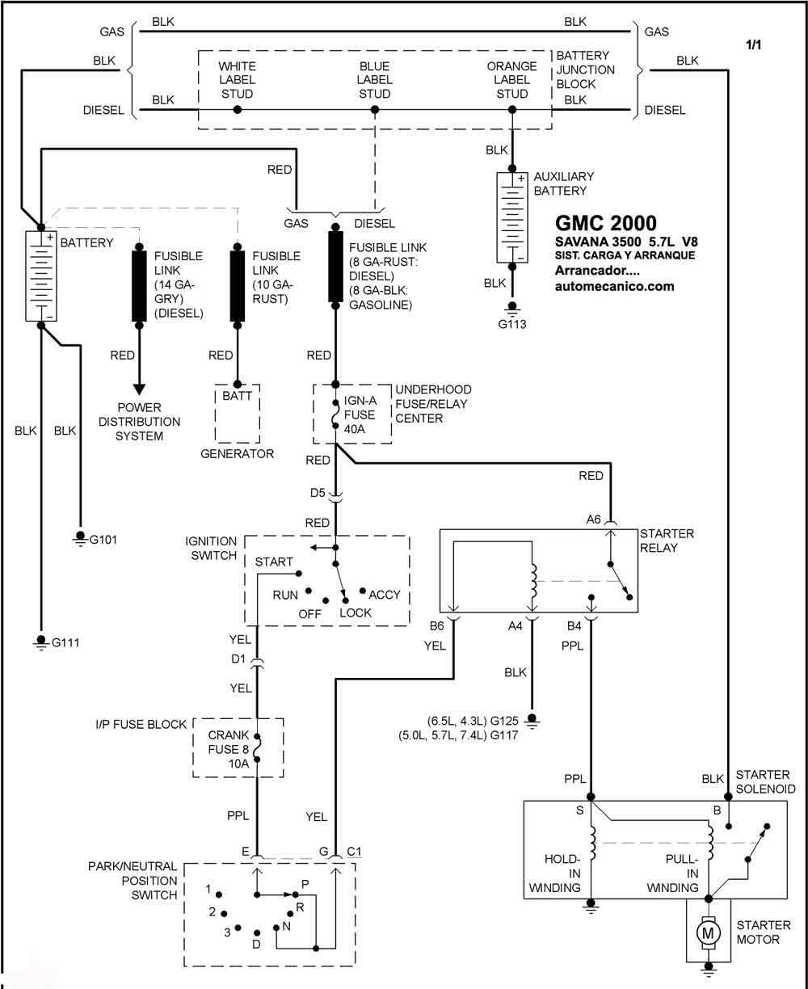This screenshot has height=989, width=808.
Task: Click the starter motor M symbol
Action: [x=708, y=933]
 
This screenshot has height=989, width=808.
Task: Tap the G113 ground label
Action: [x=512, y=324]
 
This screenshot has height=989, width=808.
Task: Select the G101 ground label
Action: [x=103, y=540]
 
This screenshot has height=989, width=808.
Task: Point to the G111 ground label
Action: [x=65, y=642]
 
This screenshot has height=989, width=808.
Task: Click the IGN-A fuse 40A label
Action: [x=360, y=415]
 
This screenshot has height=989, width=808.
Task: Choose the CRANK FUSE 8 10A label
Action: [x=229, y=749]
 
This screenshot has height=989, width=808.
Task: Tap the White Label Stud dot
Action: [x=238, y=110]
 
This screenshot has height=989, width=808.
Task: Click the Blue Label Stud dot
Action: [x=375, y=110]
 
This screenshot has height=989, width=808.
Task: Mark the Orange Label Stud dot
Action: [x=512, y=110]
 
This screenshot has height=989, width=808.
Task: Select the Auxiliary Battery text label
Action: [x=564, y=183]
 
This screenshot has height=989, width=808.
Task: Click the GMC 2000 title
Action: [x=606, y=223]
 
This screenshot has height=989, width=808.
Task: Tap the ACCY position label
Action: [x=385, y=595]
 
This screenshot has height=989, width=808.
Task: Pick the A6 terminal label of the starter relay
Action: [x=593, y=519]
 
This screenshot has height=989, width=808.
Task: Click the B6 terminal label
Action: [x=436, y=625]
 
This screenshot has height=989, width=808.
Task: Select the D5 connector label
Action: [x=318, y=493]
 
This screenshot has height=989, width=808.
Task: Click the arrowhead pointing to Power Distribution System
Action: [x=139, y=389]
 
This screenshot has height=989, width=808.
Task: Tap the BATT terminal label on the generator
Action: [x=238, y=396]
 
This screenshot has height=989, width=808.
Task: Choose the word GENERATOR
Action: [x=238, y=453]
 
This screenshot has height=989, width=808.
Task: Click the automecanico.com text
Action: [x=615, y=286]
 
